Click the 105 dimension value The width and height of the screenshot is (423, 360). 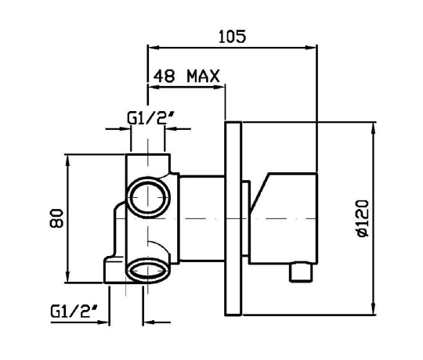pyautogui.click(x=232, y=36)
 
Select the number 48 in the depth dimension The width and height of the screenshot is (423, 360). pyautogui.click(x=164, y=76)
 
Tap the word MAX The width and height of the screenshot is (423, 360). pyautogui.click(x=204, y=76)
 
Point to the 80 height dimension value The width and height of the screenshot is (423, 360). pyautogui.click(x=56, y=218)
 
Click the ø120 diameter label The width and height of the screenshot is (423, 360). pyautogui.click(x=363, y=218)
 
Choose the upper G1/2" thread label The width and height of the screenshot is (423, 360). pyautogui.click(x=151, y=118)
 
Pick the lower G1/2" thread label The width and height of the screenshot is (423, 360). pyautogui.click(x=74, y=311)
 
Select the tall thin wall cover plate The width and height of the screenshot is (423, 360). pyautogui.click(x=233, y=218)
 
